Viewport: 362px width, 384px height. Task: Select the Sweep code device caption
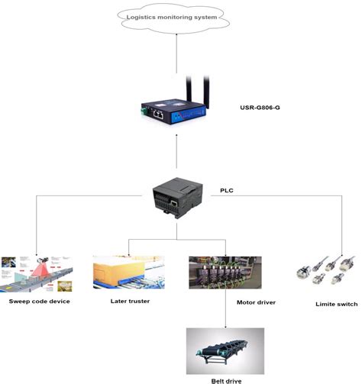point(40,302)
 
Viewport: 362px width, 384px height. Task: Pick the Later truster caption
point(129,302)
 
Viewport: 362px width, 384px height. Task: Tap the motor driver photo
point(225,273)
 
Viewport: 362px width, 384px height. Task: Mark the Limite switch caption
point(336,304)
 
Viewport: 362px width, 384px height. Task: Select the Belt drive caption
point(226,379)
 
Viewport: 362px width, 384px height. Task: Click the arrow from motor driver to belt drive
point(226,309)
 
